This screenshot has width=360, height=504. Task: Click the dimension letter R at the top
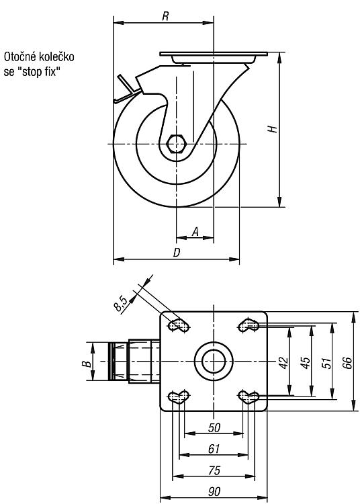point(165,16)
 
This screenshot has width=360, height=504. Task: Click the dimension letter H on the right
point(273,128)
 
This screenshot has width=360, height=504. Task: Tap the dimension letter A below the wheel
point(195,231)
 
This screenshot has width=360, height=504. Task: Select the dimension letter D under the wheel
point(177,253)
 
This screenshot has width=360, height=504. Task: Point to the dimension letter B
point(86,364)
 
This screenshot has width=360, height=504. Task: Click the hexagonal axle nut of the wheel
point(176,144)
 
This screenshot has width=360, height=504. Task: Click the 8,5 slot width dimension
point(122,304)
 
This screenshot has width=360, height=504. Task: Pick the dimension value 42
point(284,362)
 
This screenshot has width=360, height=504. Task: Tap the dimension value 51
point(326,362)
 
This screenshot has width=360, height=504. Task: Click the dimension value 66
point(347,362)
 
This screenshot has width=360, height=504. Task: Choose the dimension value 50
point(214,427)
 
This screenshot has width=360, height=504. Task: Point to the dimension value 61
point(214,449)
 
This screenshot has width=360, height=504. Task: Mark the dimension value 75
point(214,470)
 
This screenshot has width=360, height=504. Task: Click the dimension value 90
point(214,491)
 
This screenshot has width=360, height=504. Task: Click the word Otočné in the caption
point(20,57)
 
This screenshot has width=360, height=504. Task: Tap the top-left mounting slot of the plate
point(178,325)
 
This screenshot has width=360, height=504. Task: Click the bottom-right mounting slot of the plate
point(249,397)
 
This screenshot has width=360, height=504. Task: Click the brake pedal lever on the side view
point(128,91)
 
